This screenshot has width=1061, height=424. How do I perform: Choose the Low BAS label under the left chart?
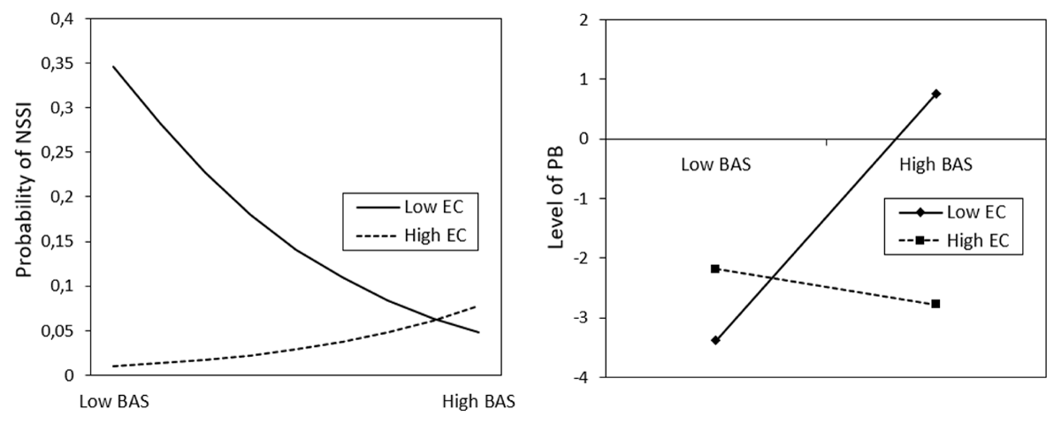click(115, 400)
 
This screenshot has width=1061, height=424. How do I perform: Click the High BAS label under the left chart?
click(478, 400)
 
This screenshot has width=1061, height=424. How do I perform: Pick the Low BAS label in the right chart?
click(715, 163)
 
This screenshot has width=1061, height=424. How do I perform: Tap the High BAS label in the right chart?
click(935, 163)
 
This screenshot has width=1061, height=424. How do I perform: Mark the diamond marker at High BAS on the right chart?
click(935, 94)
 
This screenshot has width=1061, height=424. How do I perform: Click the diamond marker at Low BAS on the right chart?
click(715, 340)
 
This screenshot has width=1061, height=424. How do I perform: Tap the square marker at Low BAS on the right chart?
click(715, 269)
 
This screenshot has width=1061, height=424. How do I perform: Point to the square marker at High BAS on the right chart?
click(935, 304)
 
